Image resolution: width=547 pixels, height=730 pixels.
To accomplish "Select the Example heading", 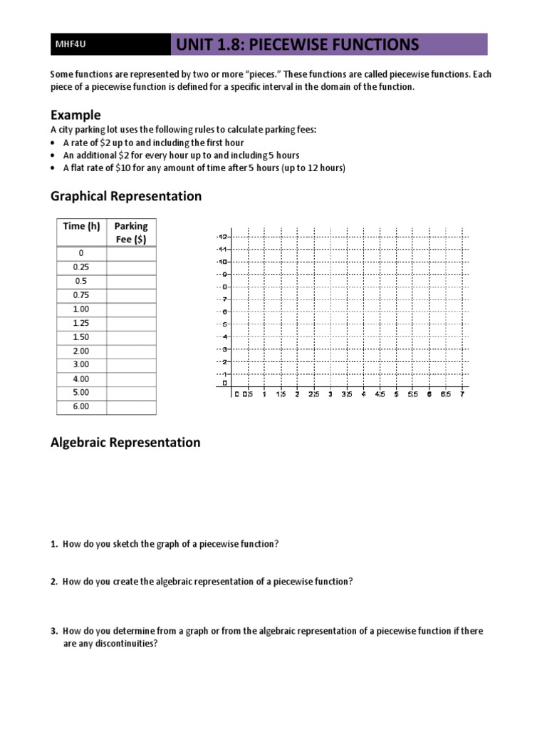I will pos(75,115).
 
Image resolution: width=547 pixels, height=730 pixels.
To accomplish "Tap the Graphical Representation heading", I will pos(125,196).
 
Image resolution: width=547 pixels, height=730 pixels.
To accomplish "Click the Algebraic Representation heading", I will pos(125,442).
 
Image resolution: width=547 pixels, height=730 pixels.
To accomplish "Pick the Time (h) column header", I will pos(81,226).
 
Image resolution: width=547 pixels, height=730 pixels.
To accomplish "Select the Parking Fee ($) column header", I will pos(131,232).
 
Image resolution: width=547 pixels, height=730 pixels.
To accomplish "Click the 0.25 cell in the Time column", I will pos(81,267).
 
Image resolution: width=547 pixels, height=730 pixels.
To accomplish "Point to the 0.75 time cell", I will pos(81,294).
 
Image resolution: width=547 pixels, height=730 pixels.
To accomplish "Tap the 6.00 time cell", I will pos(81,406).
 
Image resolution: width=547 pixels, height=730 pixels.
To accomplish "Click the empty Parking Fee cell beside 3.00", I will pos(131,364).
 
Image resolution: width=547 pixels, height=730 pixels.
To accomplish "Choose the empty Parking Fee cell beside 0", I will pos(131,253).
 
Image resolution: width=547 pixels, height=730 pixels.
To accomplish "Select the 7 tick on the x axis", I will pos(462,394).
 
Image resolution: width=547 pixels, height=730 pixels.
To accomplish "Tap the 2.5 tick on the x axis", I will pos(313,394).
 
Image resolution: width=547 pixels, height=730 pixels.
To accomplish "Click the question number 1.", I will pos(54,544).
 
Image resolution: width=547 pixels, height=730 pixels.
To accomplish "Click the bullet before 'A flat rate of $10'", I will pos(54,168).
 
